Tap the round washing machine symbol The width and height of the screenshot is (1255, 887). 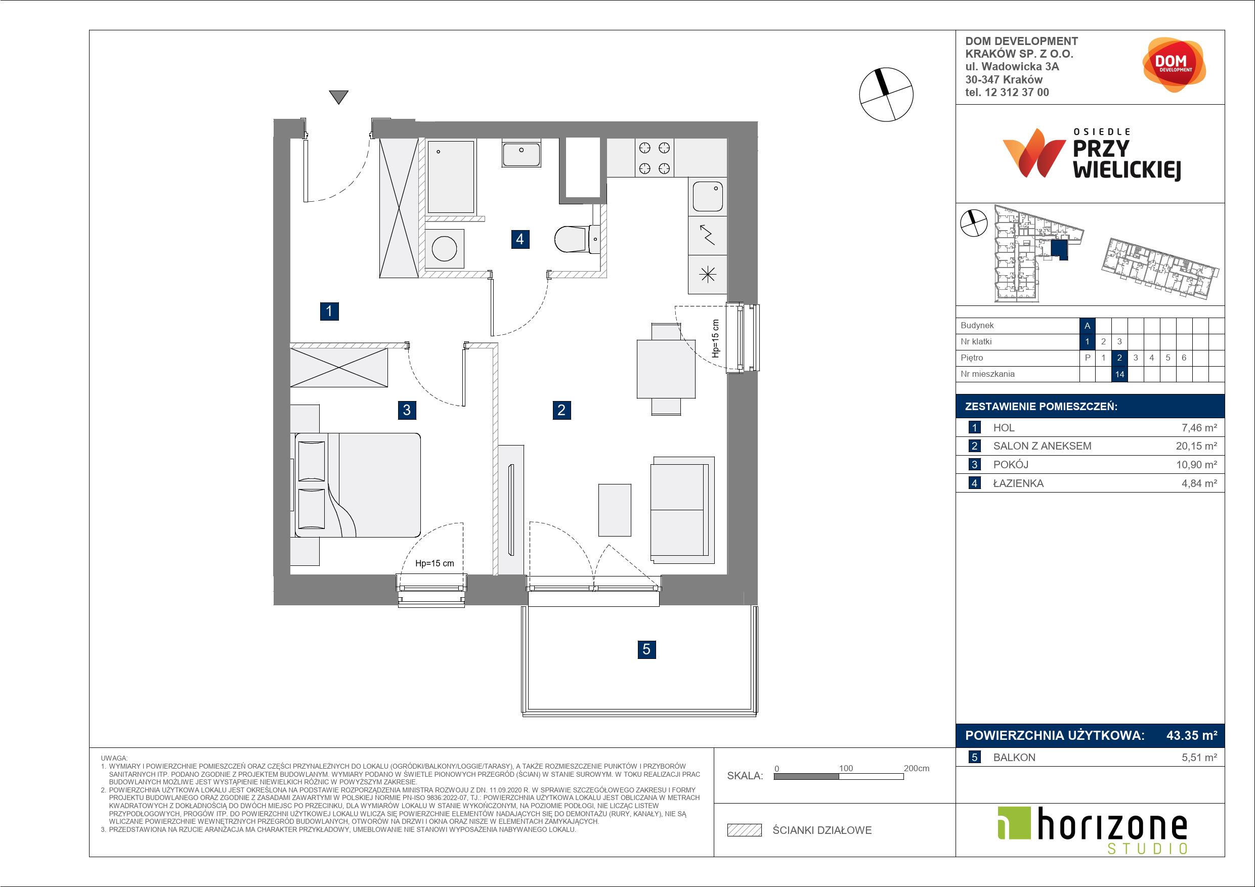coord(445,249)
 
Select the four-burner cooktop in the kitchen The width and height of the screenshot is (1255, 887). coord(654,157)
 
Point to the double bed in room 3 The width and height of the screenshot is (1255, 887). coord(358,485)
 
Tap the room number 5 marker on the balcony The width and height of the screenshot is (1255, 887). coord(646,649)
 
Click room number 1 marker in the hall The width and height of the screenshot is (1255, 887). coord(329,312)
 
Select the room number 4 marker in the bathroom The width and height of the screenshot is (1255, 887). coord(520,239)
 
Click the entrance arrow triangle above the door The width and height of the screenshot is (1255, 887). coord(339,97)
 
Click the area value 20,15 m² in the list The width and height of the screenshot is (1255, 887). coord(1196,446)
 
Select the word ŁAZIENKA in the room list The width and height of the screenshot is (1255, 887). coord(1018,483)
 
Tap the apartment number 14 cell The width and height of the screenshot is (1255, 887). coord(1119,374)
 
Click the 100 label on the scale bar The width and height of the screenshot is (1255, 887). coord(846,768)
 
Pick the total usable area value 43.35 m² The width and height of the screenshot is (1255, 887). coord(1192,736)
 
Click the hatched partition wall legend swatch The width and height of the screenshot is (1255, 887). coord(745,830)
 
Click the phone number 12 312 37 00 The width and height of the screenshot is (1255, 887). coord(1017,93)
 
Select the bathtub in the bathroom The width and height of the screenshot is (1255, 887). coord(451,177)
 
